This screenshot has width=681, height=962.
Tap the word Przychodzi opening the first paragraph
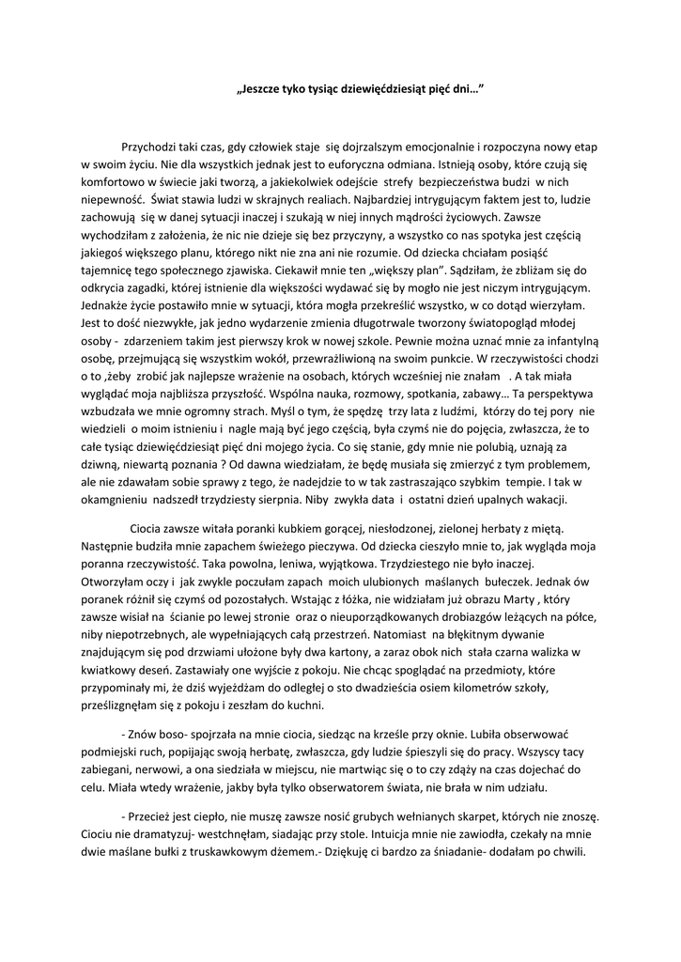point(156,147)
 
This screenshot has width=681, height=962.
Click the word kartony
point(315,652)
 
